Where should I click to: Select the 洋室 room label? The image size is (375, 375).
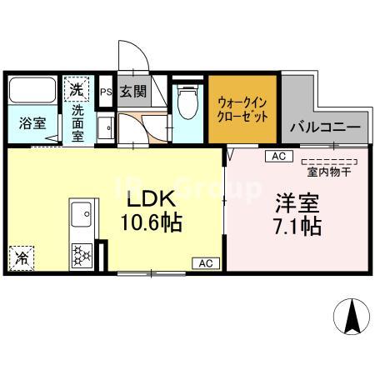click(295, 202)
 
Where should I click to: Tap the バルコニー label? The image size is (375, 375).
click(325, 129)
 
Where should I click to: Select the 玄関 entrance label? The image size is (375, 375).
click(132, 90)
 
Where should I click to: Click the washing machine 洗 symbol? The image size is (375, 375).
click(76, 87)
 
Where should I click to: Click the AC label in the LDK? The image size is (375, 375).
click(204, 263)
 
